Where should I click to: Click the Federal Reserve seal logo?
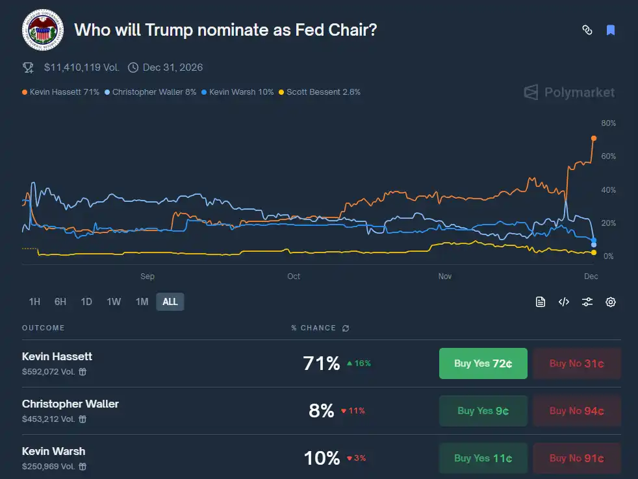tap(43, 30)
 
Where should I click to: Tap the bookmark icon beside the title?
tap(611, 30)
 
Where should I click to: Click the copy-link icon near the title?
tap(587, 30)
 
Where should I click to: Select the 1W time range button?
tap(114, 301)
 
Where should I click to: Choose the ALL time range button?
tap(170, 301)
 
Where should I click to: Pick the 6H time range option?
tap(60, 301)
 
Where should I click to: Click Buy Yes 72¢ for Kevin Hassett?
tap(483, 363)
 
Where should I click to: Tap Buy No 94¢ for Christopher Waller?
tap(576, 411)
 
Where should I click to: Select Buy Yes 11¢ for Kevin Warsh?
tap(483, 458)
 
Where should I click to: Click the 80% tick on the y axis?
tap(609, 123)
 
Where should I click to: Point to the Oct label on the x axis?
tap(294, 276)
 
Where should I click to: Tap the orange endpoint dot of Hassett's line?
tap(594, 138)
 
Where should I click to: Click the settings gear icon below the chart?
tap(611, 302)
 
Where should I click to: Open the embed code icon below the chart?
tap(564, 302)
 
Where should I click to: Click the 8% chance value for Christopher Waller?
tap(321, 411)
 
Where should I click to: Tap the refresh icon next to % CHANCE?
tap(346, 328)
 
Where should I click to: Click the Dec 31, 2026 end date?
tap(173, 67)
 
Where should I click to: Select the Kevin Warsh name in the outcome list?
tap(53, 451)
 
